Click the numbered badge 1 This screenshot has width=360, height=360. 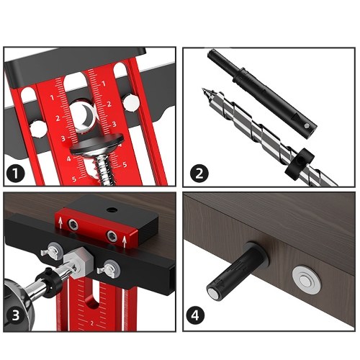(x=16, y=173)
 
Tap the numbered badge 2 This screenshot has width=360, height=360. (x=199, y=173)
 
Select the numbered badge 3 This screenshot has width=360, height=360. (x=16, y=315)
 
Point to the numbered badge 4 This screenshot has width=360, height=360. (x=195, y=315)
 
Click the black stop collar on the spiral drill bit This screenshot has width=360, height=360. (x=300, y=163)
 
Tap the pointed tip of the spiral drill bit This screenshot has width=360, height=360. (x=203, y=89)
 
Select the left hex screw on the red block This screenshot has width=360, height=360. (x=73, y=225)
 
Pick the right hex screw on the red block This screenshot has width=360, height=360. (x=112, y=236)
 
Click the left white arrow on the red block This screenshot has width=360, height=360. (x=60, y=223)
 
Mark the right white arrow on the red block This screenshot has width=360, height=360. (x=124, y=242)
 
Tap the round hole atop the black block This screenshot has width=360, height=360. (x=111, y=210)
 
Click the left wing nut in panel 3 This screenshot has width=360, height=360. (x=53, y=251)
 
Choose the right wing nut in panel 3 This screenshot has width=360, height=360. (x=109, y=269)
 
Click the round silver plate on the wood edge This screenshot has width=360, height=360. (x=307, y=280)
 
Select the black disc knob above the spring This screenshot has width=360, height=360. (x=97, y=143)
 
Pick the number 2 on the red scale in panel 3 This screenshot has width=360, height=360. (x=92, y=323)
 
